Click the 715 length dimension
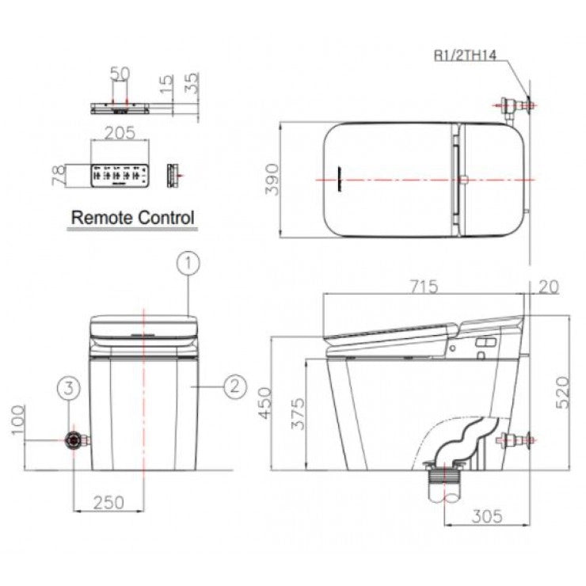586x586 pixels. click(x=424, y=287)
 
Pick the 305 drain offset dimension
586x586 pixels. click(x=485, y=516)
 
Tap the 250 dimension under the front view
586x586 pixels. click(x=109, y=502)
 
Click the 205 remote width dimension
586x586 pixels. click(x=120, y=134)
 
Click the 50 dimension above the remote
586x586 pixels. click(x=120, y=74)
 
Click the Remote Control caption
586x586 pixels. click(x=132, y=216)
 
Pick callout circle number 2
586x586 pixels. click(x=235, y=386)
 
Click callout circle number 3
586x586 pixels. click(x=70, y=388)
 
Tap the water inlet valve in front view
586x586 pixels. click(x=76, y=439)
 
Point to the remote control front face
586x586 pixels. click(x=120, y=176)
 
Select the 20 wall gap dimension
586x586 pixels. click(x=547, y=287)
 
